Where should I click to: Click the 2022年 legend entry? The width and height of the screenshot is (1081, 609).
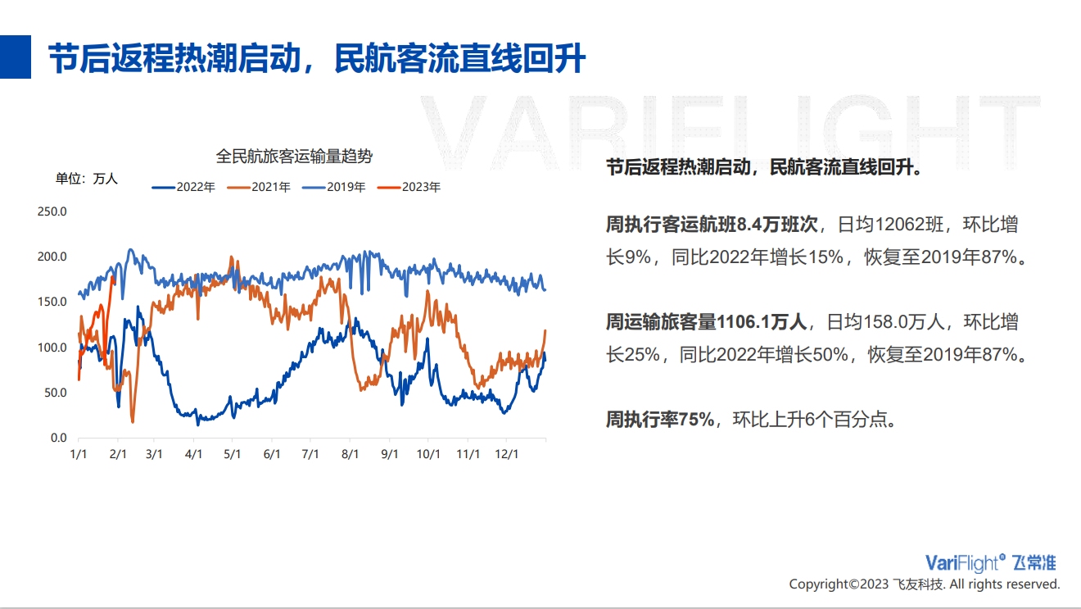(x=183, y=187)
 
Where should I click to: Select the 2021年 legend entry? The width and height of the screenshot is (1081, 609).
(x=259, y=187)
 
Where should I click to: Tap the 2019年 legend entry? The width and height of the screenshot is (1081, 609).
(x=333, y=187)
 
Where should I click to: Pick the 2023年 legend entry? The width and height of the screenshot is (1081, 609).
(x=409, y=187)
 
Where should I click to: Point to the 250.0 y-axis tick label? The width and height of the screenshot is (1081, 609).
(x=52, y=211)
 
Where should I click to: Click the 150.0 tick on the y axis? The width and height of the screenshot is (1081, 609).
(x=52, y=302)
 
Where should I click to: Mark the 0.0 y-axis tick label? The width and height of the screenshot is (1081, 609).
(x=59, y=438)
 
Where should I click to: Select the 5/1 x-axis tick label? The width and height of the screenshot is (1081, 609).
(x=232, y=454)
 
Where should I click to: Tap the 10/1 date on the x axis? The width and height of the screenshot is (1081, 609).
(x=428, y=454)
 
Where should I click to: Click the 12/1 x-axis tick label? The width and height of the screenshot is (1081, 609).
(x=507, y=454)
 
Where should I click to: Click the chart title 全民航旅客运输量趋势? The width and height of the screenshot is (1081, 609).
(x=294, y=157)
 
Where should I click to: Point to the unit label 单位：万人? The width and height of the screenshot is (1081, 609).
(x=87, y=179)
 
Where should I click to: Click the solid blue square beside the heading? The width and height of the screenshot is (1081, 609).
(x=16, y=57)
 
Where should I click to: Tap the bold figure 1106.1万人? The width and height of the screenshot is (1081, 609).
(x=762, y=322)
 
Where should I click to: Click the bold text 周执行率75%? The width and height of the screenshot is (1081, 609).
(x=660, y=419)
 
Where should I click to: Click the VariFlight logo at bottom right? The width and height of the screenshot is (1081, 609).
(x=991, y=563)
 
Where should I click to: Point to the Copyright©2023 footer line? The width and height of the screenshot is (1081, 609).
(x=925, y=584)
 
